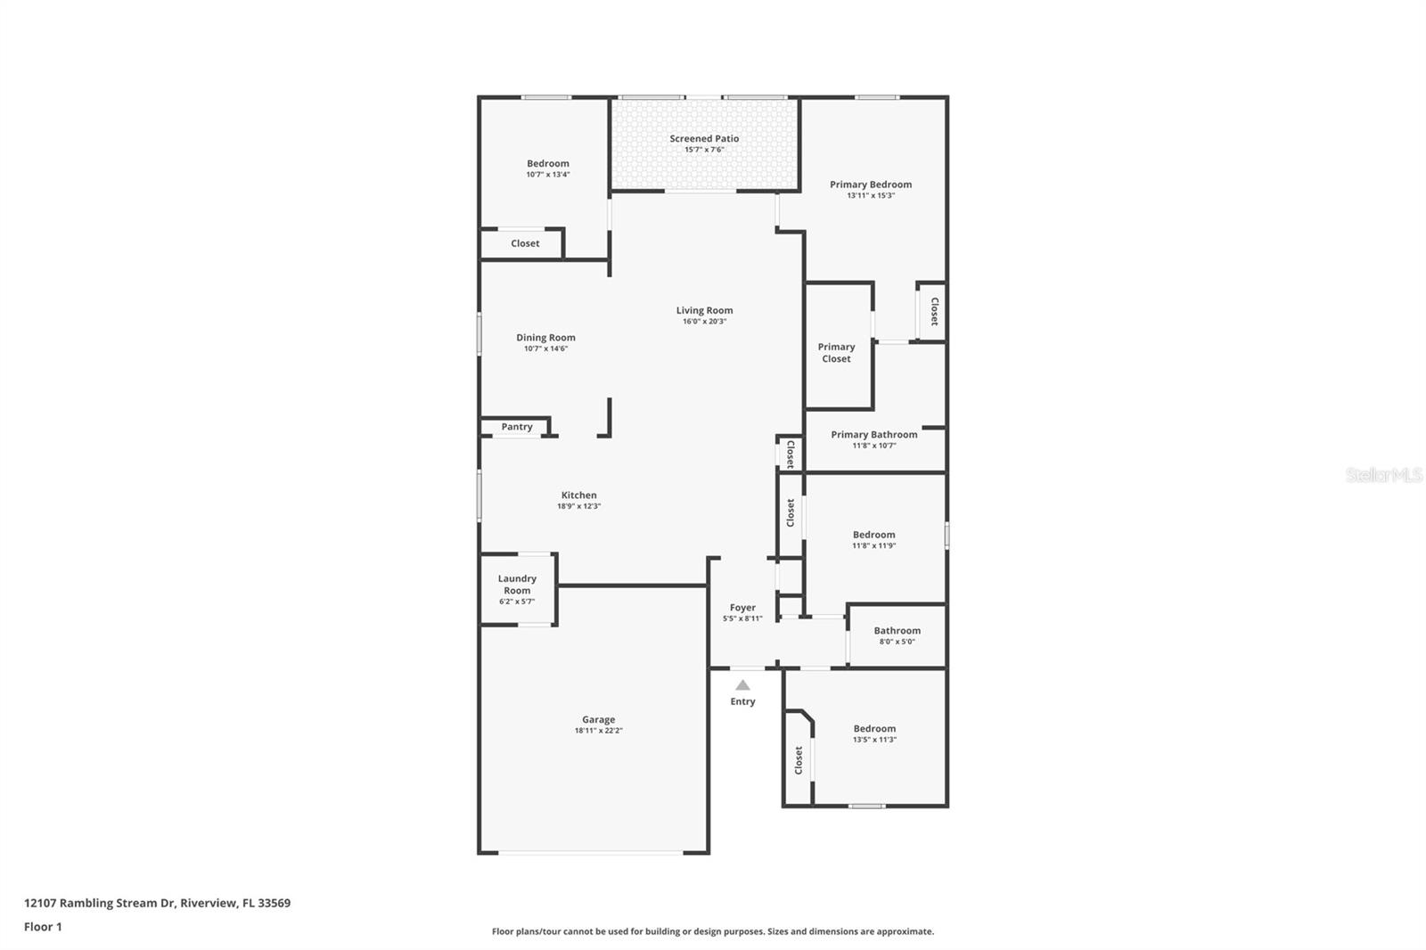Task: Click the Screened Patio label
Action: [704, 139]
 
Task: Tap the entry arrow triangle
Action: [742, 685]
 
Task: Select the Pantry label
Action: [517, 427]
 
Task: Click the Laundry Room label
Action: [517, 585]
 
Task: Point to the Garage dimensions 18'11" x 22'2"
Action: [598, 731]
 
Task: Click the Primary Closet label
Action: [836, 353]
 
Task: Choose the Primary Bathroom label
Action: [873, 435]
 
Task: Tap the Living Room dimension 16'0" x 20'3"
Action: [704, 322]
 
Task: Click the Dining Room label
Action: [545, 338]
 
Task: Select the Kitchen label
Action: [578, 495]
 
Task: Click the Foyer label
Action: [742, 608]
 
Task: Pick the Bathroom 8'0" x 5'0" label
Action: [897, 631]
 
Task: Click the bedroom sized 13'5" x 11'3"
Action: [874, 729]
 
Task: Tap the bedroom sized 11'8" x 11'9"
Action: [873, 536]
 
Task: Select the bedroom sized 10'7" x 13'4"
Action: [547, 164]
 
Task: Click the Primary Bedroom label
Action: [871, 184]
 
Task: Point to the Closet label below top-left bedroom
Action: [525, 243]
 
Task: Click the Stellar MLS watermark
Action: [1383, 476]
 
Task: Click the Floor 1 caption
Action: [43, 927]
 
